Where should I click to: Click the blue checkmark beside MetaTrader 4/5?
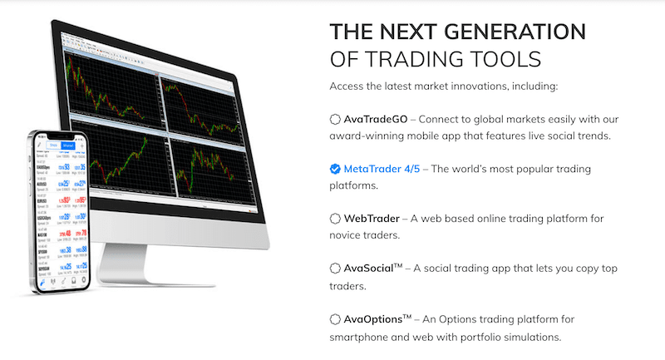coord(335,169)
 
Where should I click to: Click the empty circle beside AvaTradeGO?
coord(335,119)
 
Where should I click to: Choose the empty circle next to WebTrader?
coord(335,219)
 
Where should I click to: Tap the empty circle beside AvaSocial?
coord(335,269)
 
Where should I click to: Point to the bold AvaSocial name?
coord(371,269)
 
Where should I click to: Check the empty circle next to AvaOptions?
coord(335,318)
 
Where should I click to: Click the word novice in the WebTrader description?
coord(347,235)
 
